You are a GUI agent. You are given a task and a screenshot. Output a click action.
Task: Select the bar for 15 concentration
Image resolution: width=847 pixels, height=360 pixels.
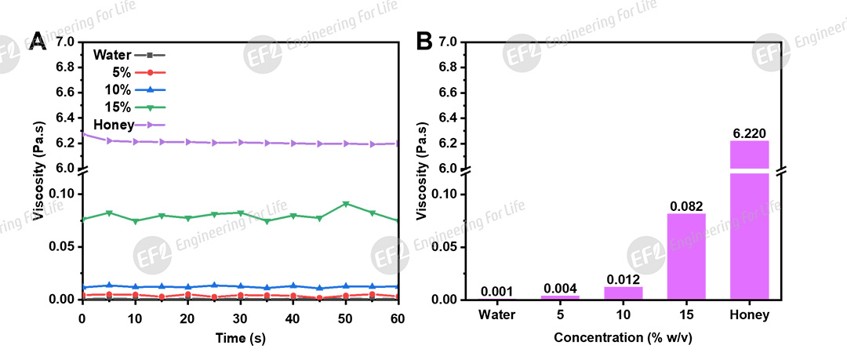click(686, 256)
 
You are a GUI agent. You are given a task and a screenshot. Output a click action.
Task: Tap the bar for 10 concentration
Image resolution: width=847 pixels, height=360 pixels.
click(623, 293)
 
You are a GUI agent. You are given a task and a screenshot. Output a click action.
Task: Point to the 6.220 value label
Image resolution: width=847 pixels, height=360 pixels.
click(749, 133)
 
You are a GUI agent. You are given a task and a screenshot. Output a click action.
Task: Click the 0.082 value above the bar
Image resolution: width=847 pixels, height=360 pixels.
click(686, 205)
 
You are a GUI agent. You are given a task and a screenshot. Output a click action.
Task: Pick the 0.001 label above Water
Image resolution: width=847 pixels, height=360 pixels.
click(497, 291)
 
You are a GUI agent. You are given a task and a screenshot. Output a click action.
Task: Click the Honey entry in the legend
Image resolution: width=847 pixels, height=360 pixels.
click(129, 125)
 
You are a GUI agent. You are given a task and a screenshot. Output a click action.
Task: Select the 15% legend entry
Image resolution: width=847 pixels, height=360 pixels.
click(129, 107)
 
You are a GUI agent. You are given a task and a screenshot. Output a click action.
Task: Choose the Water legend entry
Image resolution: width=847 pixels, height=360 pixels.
click(129, 55)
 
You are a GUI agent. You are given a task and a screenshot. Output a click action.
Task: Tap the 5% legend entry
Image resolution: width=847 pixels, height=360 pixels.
click(129, 72)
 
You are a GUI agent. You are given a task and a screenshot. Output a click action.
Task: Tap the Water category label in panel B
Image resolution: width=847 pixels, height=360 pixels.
click(498, 316)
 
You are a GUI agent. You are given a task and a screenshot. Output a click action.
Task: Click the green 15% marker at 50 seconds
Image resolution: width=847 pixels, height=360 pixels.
click(346, 204)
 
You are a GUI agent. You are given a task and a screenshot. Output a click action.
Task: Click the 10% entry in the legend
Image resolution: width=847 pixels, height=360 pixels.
click(129, 90)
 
